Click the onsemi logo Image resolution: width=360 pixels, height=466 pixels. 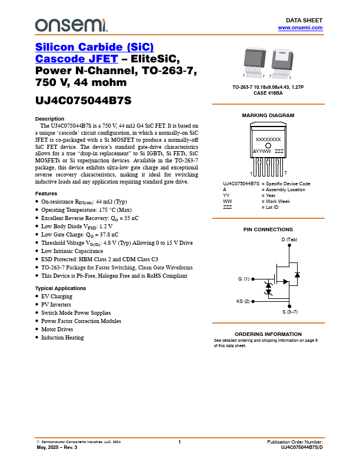tap(71, 24)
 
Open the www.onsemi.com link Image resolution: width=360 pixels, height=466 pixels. tap(300, 28)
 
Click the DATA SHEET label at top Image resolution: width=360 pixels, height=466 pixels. tap(308, 20)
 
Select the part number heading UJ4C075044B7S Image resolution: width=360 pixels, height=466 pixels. tap(82, 101)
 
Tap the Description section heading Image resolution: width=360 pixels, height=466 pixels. tap(50, 119)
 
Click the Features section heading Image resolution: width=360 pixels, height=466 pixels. tap(46, 194)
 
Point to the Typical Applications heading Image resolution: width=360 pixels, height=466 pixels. tap(61, 288)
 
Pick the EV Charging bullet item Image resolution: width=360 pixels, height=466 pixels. tap(56, 297)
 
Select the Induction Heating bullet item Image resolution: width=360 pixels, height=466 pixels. tap(62, 338)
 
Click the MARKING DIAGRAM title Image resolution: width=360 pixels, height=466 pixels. tap(268, 115)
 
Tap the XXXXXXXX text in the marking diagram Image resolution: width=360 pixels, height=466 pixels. tap(268, 139)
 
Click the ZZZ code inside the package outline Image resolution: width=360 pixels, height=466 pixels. tap(279, 151)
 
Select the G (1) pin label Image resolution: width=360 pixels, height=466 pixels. tap(244, 278)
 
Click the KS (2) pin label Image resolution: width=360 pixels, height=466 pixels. tap(243, 301)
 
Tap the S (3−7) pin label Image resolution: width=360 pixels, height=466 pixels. tap(289, 311)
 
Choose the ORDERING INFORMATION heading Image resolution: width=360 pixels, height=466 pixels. tap(268, 334)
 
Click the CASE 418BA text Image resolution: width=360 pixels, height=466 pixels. tap(268, 93)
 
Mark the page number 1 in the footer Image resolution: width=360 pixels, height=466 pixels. tap(179, 442)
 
